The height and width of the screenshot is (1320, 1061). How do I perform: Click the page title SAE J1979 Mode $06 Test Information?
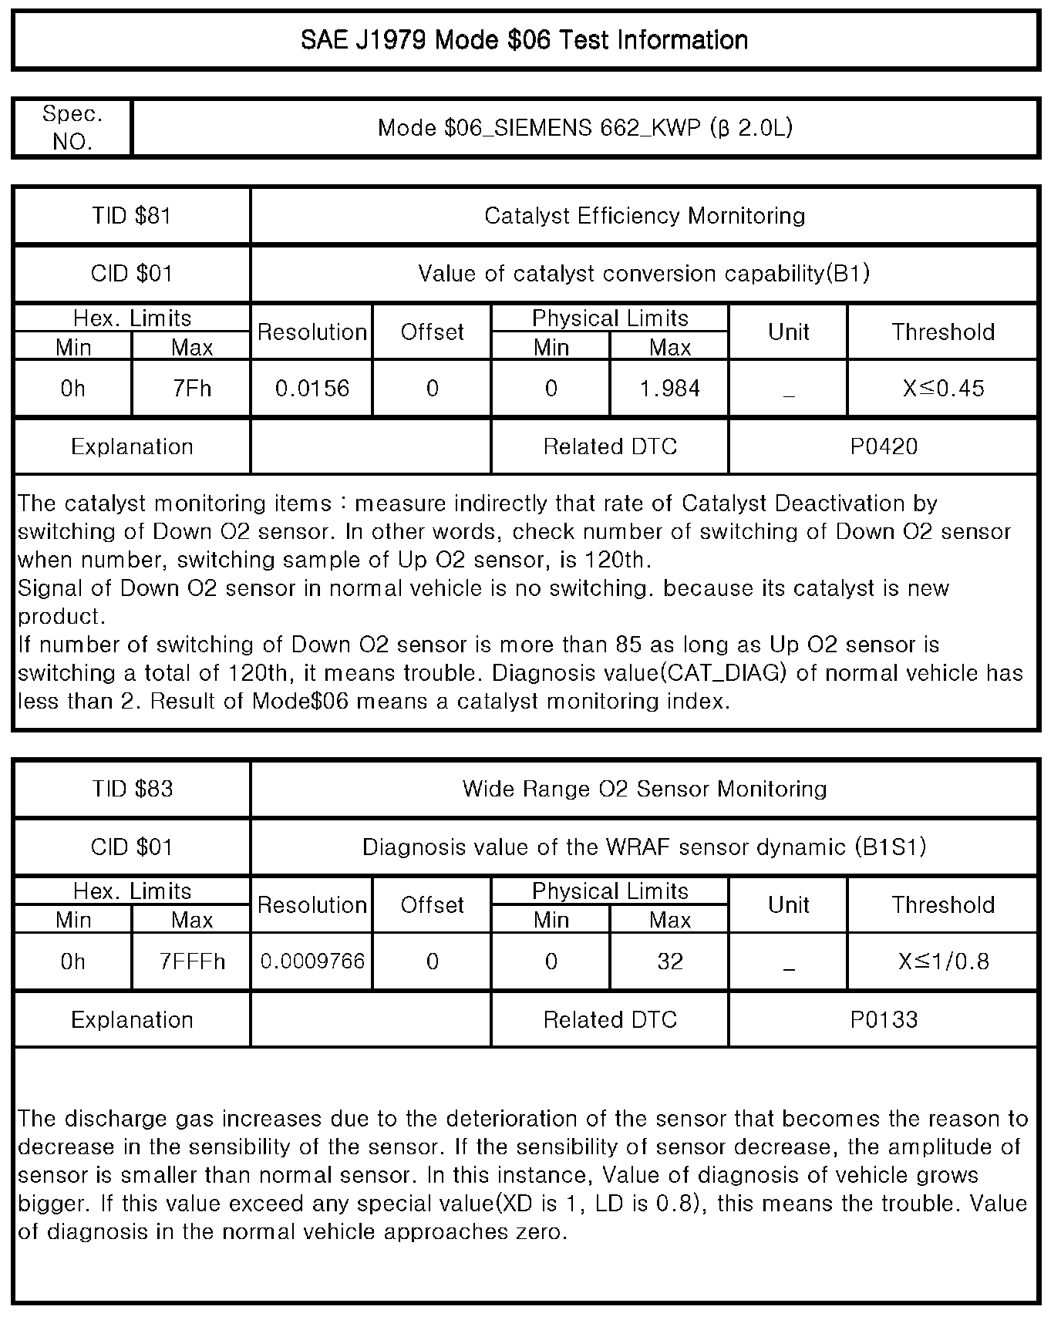coord(524,40)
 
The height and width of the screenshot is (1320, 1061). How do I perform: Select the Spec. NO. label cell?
coord(72,128)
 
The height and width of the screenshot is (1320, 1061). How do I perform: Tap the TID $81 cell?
coord(132,216)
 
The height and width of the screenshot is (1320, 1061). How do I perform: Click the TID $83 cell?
coord(132,790)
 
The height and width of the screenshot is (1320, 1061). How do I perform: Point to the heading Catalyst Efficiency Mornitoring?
coord(645,216)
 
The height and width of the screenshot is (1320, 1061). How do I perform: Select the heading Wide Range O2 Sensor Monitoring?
coord(645,790)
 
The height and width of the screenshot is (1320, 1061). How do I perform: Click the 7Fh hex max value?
coord(192,389)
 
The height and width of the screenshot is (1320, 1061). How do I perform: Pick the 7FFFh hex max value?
coord(192,961)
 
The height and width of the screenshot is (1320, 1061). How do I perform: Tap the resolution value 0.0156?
coord(312,389)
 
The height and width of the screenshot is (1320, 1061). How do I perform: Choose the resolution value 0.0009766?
coord(312,961)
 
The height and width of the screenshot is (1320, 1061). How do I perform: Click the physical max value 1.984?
coord(669,389)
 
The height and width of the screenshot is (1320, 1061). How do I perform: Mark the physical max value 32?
coord(669,961)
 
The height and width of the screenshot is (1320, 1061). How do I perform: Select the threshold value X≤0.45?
coord(943,389)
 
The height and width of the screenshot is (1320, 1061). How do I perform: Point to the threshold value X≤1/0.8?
coord(943,961)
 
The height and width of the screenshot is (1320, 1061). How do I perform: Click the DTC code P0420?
coord(884,447)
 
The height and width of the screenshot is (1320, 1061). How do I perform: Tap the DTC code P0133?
coord(884,1020)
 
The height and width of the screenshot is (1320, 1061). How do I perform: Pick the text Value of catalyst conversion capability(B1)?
coord(645,274)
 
